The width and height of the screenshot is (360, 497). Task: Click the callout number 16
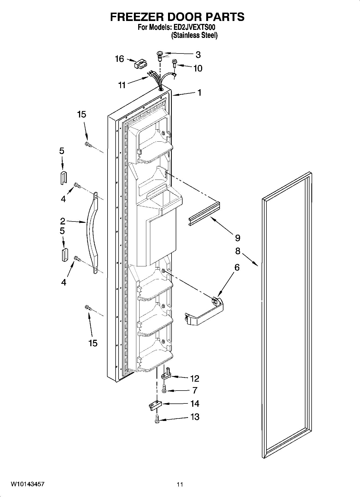[119, 59]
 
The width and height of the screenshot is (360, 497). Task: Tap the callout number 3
[198, 55]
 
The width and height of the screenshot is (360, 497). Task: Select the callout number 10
[198, 68]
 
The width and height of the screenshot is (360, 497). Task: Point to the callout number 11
[122, 85]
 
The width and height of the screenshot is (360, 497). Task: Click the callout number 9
[237, 238]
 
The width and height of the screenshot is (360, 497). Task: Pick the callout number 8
[238, 251]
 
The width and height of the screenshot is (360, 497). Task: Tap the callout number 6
[237, 267]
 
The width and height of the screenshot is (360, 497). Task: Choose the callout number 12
[195, 378]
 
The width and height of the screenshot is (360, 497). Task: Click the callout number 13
[195, 417]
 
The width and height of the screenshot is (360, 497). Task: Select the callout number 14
[195, 403]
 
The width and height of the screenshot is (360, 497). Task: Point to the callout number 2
[62, 221]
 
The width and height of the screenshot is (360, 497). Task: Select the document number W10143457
[28, 484]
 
